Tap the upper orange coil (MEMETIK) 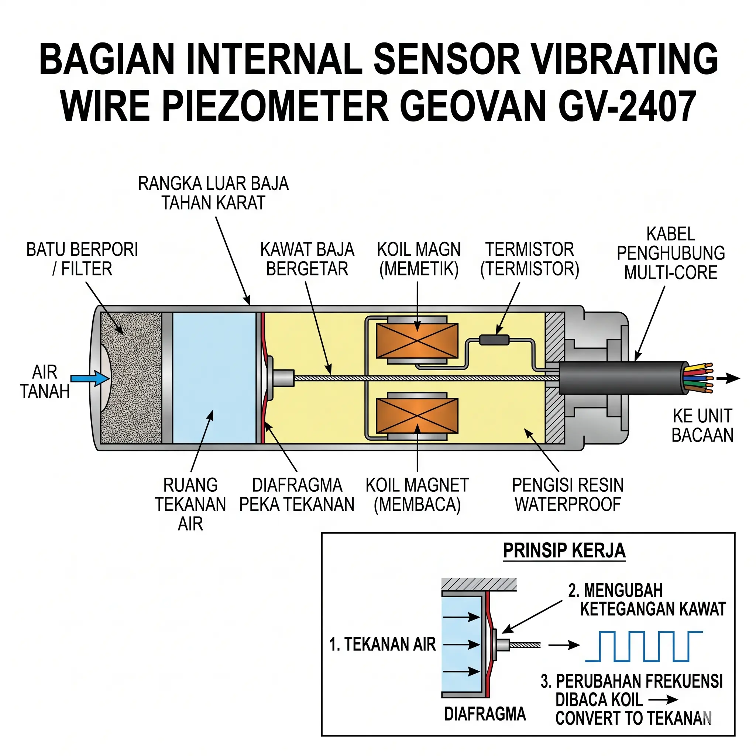417,340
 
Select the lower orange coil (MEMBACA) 417,416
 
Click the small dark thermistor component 495,340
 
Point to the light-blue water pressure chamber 214,378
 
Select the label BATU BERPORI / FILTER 82,259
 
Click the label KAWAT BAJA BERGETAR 307,259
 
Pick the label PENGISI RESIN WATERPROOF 568,495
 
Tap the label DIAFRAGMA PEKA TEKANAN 297,495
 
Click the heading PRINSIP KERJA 564,551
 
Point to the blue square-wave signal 644,646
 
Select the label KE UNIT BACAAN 702,425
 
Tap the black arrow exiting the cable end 729,378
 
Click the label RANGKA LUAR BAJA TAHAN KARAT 214,193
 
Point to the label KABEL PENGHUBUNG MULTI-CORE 671,253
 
